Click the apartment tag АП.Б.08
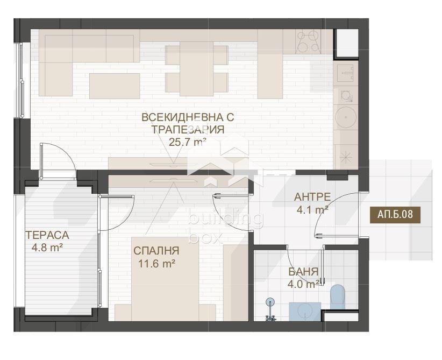(395, 214)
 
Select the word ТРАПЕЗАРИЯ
(187, 129)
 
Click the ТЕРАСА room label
(47, 235)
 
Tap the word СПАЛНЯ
(156, 251)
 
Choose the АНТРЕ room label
(312, 197)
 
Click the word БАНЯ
(303, 272)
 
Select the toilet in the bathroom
(338, 296)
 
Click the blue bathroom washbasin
(305, 312)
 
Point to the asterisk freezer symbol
(345, 157)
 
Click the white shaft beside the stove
(346, 42)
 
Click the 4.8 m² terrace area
(47, 248)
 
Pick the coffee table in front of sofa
(115, 86)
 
